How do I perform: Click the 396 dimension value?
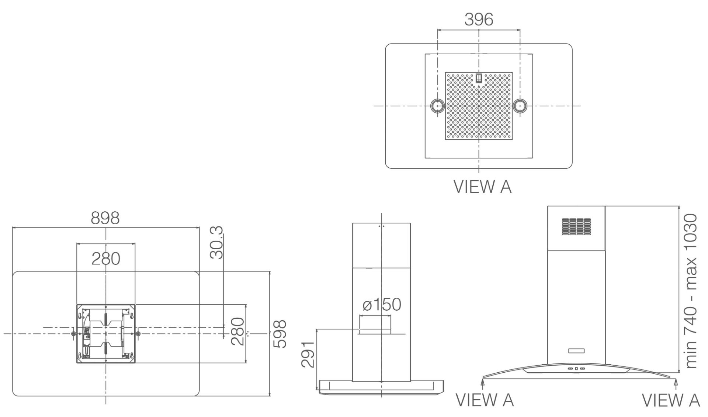pyautogui.click(x=479, y=19)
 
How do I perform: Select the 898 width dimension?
pyautogui.click(x=105, y=218)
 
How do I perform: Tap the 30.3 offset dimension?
pyautogui.click(x=216, y=243)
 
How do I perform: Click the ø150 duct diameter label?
pyautogui.click(x=382, y=304)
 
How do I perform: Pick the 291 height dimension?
pyautogui.click(x=308, y=354)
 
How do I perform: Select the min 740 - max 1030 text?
pyautogui.click(x=691, y=291)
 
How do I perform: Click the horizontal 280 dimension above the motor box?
pyautogui.click(x=106, y=259)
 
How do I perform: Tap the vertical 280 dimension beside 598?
pyautogui.click(x=237, y=331)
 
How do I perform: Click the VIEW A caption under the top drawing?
pyautogui.click(x=483, y=187)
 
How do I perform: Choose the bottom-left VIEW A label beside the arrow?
pyautogui.click(x=485, y=400)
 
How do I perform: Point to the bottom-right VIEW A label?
pyautogui.click(x=671, y=400)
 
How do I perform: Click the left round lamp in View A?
pyautogui.click(x=438, y=106)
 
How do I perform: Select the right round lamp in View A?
pyautogui.click(x=520, y=106)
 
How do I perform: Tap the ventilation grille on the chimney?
pyautogui.click(x=576, y=227)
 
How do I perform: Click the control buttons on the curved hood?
pyautogui.click(x=576, y=368)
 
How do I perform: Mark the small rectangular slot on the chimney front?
pyautogui.click(x=576, y=351)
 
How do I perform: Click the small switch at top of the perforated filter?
pyautogui.click(x=479, y=78)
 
